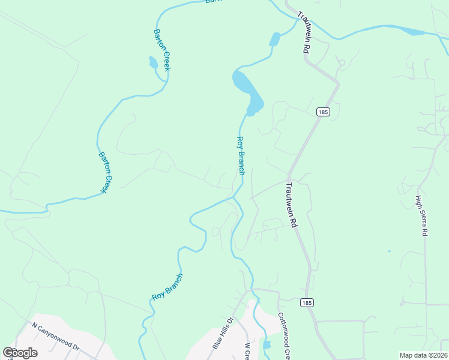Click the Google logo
tap(20, 353)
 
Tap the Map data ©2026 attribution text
tap(423, 355)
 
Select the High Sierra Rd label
tap(421, 215)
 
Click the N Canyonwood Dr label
tap(56, 337)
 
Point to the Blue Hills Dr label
tap(222, 333)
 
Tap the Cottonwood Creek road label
tap(284, 336)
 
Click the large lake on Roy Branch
tap(247, 91)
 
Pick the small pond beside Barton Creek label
tap(153, 62)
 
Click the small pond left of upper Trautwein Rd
tap(274, 40)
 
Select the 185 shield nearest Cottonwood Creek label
tap(307, 302)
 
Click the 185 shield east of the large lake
tap(323, 112)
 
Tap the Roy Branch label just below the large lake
tap(240, 155)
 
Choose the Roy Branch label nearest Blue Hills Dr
tap(167, 287)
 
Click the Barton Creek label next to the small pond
tap(162, 50)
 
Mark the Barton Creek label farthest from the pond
tap(105, 172)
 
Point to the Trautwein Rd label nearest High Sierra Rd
tap(292, 205)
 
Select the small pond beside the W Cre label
tap(267, 345)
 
